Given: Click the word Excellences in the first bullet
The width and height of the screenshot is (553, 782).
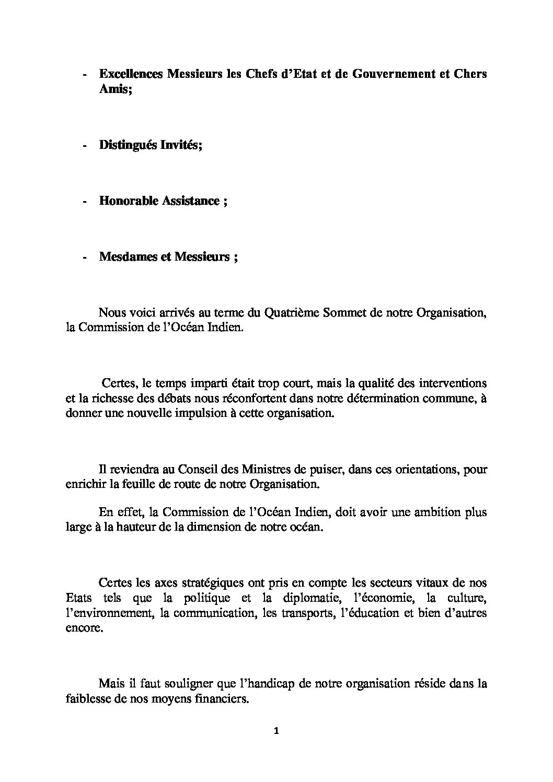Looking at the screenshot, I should point(131,74).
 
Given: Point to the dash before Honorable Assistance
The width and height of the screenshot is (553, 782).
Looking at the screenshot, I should point(85,201).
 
